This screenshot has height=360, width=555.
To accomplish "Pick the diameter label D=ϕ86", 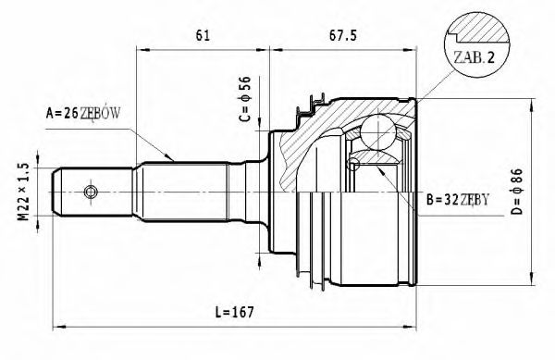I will (517, 192).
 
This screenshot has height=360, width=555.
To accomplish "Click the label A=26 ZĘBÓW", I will (84, 114).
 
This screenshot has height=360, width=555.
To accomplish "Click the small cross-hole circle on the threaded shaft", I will (90, 192).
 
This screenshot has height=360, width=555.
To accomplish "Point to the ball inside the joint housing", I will (376, 131).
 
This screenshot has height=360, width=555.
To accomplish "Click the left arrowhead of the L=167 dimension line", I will (57, 326).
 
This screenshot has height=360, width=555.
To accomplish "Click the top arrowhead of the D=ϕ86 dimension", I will (530, 106).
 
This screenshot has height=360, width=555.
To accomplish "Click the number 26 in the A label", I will (70, 114).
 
